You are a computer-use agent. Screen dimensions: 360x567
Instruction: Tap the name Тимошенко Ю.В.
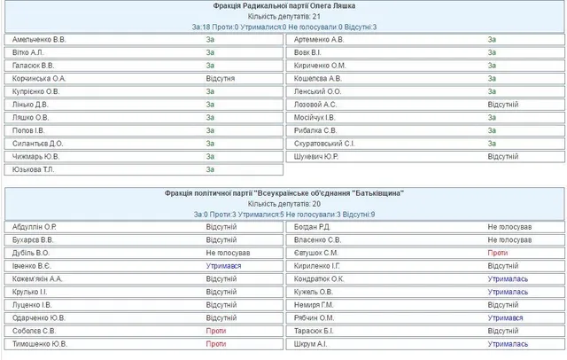pyautogui.click(x=41, y=344)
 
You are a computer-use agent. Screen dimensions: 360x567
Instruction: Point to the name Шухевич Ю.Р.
pyautogui.click(x=317, y=156)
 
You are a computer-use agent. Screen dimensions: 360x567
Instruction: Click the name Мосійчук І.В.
pyautogui.click(x=315, y=117)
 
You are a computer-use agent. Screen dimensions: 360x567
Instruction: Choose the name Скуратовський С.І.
pyautogui.click(x=324, y=143)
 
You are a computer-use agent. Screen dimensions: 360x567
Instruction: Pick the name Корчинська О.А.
pyautogui.click(x=41, y=78)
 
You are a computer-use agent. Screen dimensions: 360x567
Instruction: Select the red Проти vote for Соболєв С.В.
pyautogui.click(x=215, y=331)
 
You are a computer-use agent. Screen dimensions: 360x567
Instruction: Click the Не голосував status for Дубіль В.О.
pyautogui.click(x=229, y=253)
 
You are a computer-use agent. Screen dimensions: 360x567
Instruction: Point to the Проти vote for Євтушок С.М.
pyautogui.click(x=497, y=253)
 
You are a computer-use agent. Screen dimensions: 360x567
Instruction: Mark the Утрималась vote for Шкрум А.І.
pyautogui.click(x=508, y=344)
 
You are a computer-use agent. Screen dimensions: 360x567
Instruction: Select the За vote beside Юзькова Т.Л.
pyautogui.click(x=210, y=169)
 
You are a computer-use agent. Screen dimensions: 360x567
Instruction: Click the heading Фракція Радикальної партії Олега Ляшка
pyautogui.click(x=283, y=6)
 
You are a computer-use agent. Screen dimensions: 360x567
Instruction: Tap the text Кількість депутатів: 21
pyautogui.click(x=283, y=17)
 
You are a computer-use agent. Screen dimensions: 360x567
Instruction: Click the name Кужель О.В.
pyautogui.click(x=314, y=292)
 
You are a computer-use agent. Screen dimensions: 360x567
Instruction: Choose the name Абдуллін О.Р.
pyautogui.click(x=35, y=227)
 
